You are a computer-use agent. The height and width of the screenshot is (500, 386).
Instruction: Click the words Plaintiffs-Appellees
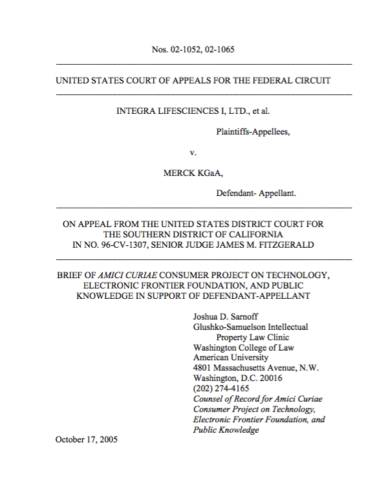tap(252, 131)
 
